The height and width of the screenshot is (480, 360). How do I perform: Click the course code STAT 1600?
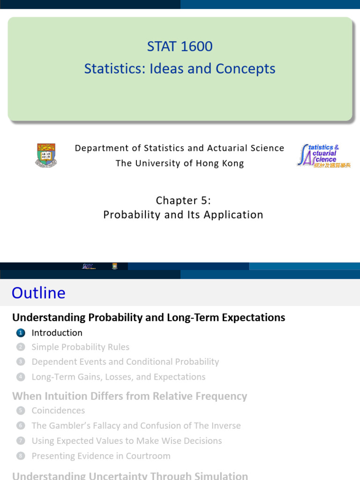coord(180,46)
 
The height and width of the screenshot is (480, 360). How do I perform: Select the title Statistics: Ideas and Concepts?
coord(180,69)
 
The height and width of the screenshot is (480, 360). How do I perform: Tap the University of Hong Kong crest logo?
coord(46,156)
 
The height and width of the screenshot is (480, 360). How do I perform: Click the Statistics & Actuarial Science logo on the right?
coord(323,156)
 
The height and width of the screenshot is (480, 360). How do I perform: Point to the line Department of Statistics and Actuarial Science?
coord(180,148)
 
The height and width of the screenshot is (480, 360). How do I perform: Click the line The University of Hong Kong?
coord(180,163)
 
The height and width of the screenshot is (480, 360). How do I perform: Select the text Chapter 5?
coord(183,201)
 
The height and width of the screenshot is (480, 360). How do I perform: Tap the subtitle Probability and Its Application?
coord(183,215)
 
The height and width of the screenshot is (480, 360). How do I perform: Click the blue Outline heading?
coord(38,293)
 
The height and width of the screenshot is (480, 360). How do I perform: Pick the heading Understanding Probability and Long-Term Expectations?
coord(149,317)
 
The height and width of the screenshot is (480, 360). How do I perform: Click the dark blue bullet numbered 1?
coord(20,333)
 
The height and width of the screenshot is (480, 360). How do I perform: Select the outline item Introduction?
coord(57,333)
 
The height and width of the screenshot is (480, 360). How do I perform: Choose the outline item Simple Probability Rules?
coord(80,347)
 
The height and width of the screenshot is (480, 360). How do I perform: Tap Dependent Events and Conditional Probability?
coord(125,362)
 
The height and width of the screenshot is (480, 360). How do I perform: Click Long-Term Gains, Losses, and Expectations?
coord(118,377)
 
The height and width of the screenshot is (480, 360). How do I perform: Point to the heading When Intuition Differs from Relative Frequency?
coord(129,396)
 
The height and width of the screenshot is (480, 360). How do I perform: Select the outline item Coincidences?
coord(58,411)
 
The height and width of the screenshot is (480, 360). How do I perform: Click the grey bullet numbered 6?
coord(20,426)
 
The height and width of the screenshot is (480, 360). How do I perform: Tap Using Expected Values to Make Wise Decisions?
coord(127,441)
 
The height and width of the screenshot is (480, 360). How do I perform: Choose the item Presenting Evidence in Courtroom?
coord(101,456)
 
